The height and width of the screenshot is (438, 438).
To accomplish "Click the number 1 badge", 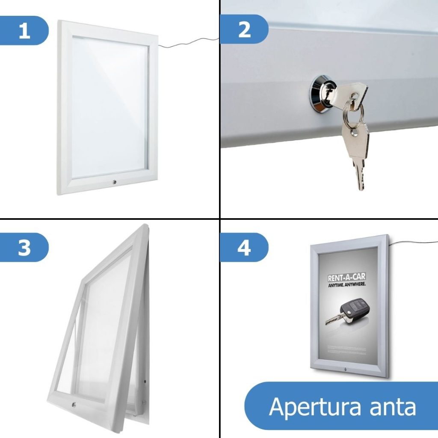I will (24, 30).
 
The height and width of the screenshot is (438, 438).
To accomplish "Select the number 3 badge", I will (24, 247).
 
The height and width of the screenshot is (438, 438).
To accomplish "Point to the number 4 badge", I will (244, 247).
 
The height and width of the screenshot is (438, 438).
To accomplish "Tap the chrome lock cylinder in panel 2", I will (320, 94).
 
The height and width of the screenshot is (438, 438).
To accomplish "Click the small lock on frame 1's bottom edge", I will (114, 183).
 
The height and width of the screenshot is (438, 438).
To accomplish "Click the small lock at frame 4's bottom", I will (345, 369).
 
